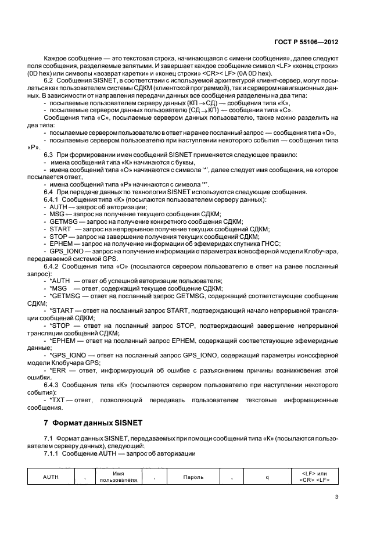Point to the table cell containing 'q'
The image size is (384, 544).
[266, 477]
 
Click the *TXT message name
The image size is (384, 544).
[57, 401]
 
